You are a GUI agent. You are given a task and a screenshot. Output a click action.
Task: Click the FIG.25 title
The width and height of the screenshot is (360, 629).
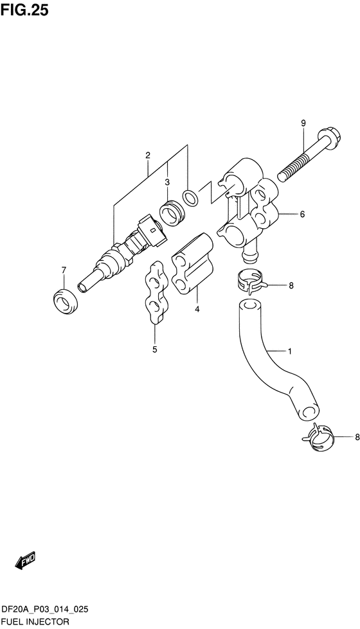pos(24,10)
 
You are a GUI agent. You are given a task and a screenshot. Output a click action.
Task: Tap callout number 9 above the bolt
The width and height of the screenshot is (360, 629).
pos(303,123)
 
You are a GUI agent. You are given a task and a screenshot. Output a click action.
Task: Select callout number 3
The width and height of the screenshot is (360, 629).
pos(167,182)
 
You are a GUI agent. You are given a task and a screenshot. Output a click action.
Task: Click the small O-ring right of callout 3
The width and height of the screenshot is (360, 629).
pos(190,197)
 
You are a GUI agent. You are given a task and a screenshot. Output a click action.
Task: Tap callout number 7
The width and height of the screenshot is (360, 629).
pos(64,270)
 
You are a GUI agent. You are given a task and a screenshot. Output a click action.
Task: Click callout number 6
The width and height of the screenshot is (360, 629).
pos(302,214)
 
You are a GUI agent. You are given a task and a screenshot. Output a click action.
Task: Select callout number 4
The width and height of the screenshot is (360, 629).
pos(197,309)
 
